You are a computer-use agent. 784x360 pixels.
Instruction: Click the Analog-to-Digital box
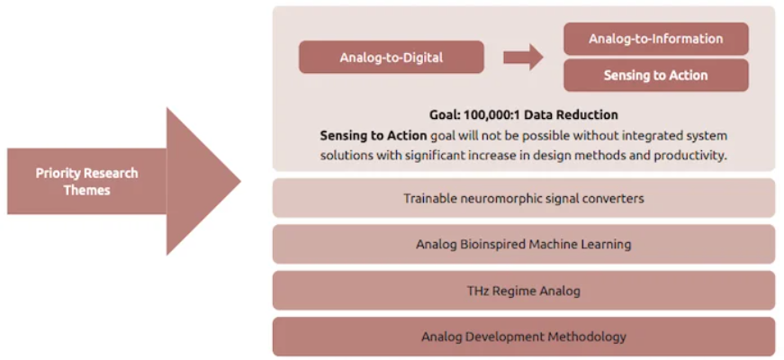(x=391, y=58)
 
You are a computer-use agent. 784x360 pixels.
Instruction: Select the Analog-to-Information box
(x=656, y=39)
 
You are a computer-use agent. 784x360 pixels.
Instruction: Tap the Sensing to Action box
(x=656, y=76)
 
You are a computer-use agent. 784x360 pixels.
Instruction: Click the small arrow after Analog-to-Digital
(x=523, y=57)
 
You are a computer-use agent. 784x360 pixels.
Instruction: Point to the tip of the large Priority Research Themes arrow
(x=240, y=181)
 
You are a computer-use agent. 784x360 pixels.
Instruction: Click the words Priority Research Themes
(x=87, y=182)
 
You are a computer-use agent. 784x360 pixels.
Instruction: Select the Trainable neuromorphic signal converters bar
(x=524, y=198)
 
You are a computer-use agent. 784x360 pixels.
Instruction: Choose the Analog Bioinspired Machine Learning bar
(x=524, y=244)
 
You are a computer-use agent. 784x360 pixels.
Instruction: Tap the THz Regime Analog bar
(x=524, y=291)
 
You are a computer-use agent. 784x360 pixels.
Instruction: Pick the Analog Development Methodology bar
(x=524, y=337)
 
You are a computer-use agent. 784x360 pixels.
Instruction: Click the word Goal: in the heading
(x=445, y=115)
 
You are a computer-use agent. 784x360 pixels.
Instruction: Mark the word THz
(x=476, y=291)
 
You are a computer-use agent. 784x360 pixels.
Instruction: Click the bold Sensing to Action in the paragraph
(x=374, y=136)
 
